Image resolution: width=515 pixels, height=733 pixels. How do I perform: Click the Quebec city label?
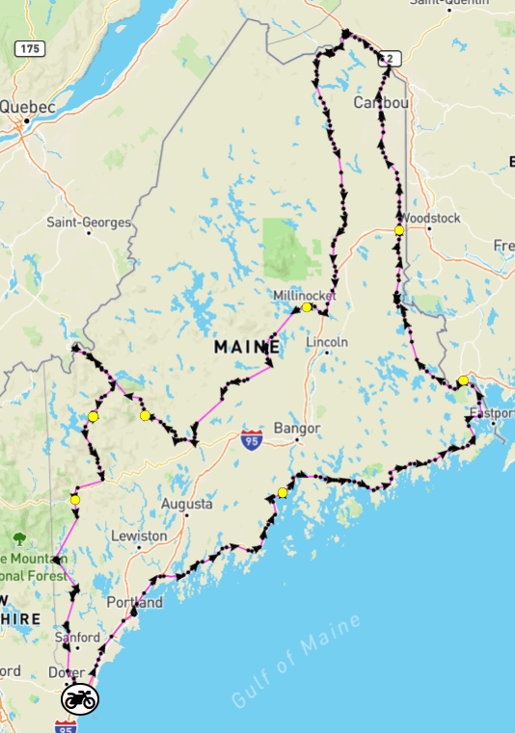pyautogui.click(x=28, y=107)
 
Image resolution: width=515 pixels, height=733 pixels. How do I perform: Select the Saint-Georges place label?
pyautogui.click(x=89, y=223)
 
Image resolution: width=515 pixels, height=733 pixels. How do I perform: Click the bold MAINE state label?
pyautogui.click(x=248, y=345)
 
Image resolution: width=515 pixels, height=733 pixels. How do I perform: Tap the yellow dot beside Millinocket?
pyautogui.click(x=307, y=307)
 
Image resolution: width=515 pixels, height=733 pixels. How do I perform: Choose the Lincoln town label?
pyautogui.click(x=326, y=342)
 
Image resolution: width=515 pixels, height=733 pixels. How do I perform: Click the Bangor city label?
pyautogui.click(x=297, y=427)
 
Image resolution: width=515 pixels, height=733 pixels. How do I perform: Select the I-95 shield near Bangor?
pyautogui.click(x=252, y=439)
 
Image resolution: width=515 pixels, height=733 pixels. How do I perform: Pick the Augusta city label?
pyautogui.click(x=186, y=504)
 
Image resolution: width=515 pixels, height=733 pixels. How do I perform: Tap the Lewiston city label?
pyautogui.click(x=139, y=535)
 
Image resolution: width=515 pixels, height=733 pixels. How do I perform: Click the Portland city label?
pyautogui.click(x=136, y=603)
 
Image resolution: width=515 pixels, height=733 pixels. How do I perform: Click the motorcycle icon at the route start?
pyautogui.click(x=79, y=699)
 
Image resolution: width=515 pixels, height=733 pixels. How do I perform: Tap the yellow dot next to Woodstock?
pyautogui.click(x=398, y=230)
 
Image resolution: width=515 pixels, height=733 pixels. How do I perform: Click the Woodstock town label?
pyautogui.click(x=433, y=218)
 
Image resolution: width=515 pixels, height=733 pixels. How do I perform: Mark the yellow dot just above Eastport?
pyautogui.click(x=463, y=380)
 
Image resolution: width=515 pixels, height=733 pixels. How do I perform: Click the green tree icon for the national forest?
pyautogui.click(x=19, y=539)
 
